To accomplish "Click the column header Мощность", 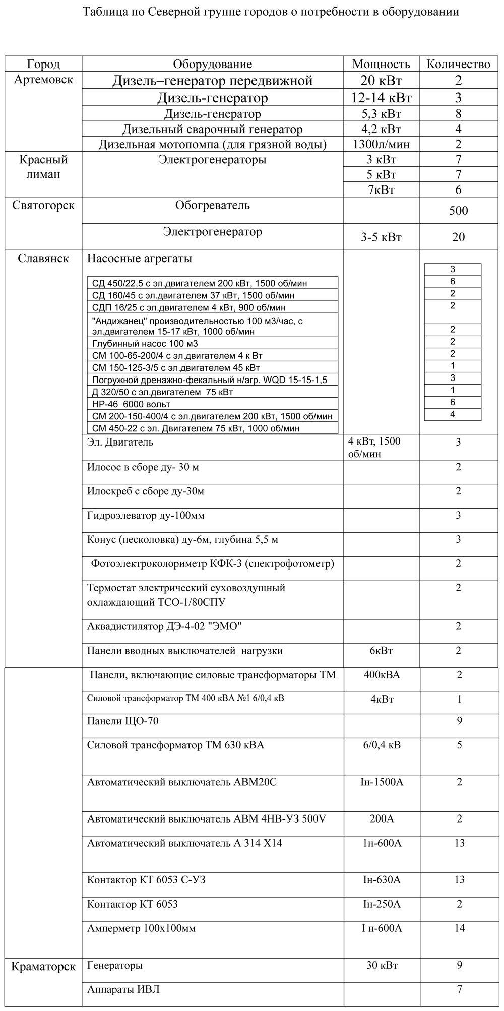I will click(x=381, y=64).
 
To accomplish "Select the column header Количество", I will click(x=458, y=64).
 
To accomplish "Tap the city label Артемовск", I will click(x=43, y=80).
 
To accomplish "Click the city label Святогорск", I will click(x=43, y=206).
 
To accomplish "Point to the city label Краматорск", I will click(x=43, y=966).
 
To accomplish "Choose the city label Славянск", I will click(x=43, y=259).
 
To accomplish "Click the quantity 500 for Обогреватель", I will click(x=458, y=211).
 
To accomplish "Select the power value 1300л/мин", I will click(x=381, y=144).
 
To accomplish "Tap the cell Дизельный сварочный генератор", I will click(x=212, y=129).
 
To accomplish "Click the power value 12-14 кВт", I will click(x=381, y=97).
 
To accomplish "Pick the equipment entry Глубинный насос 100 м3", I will click(x=145, y=344).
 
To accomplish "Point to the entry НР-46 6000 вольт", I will click(x=132, y=404).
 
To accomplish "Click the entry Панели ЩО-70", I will click(x=123, y=721).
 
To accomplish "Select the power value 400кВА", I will click(x=382, y=675).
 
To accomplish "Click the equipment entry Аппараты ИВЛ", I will click(x=123, y=989).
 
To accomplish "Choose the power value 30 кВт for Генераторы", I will click(x=382, y=965).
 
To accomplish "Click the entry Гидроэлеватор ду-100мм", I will click(x=146, y=516).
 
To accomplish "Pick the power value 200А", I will click(x=382, y=819).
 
